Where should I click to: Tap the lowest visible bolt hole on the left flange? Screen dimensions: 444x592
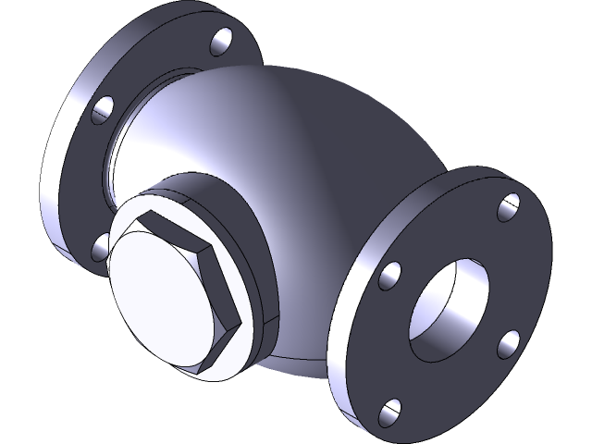(100, 246)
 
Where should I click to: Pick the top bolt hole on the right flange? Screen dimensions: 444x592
(508, 208)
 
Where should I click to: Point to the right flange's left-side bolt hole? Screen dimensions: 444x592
(390, 275)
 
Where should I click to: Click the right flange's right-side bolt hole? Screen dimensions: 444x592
(509, 343)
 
